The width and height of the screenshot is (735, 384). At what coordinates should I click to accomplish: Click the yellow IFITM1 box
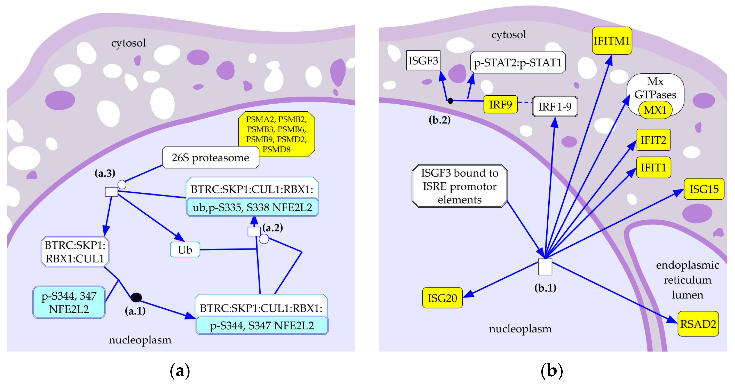click(612, 41)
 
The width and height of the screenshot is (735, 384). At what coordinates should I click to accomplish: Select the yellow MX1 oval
click(655, 110)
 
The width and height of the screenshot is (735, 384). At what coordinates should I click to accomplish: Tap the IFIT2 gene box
click(653, 140)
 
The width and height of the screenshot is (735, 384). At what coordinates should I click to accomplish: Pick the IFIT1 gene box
click(653, 168)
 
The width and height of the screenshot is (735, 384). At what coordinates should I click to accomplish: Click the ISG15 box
click(704, 189)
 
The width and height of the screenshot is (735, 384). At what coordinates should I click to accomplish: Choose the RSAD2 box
click(698, 324)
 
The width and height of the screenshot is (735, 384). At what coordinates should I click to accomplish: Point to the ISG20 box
click(442, 298)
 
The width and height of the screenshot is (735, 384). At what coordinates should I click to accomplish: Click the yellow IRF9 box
click(500, 105)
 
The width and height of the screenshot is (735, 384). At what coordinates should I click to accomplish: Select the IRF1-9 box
click(555, 107)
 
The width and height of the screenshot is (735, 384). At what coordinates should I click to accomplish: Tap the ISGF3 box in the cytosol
click(423, 61)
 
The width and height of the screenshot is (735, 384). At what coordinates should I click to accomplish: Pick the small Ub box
click(185, 250)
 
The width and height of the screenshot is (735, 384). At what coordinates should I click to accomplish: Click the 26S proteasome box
click(210, 157)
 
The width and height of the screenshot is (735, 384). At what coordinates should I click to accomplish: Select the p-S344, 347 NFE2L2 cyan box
click(69, 302)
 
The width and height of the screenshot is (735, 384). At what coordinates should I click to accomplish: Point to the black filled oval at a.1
click(136, 298)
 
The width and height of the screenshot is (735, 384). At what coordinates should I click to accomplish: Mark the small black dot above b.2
click(450, 101)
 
